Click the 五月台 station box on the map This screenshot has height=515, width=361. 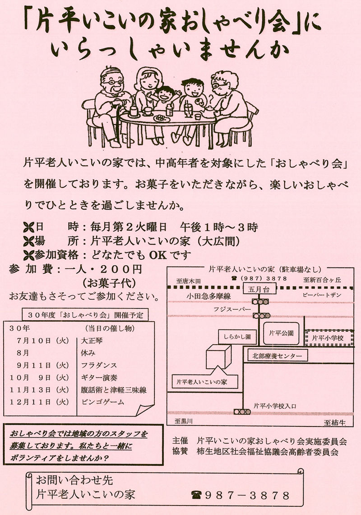click(259, 290)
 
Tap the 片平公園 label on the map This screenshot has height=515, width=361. click(281, 333)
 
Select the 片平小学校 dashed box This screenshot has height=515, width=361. click(329, 337)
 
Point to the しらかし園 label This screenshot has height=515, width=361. click(237, 337)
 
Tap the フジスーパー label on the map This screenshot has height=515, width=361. click(232, 309)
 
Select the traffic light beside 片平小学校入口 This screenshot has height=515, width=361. click(242, 412)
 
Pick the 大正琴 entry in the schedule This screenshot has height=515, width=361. click(92, 341)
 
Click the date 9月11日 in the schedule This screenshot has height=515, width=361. click(34, 365)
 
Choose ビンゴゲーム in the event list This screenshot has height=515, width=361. click(103, 402)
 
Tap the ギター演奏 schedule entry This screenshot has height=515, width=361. click(99, 378)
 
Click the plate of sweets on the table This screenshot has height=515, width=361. click(162, 117)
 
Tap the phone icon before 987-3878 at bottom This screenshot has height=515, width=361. click(196, 495)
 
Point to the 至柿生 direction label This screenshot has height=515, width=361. click(334, 423)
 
